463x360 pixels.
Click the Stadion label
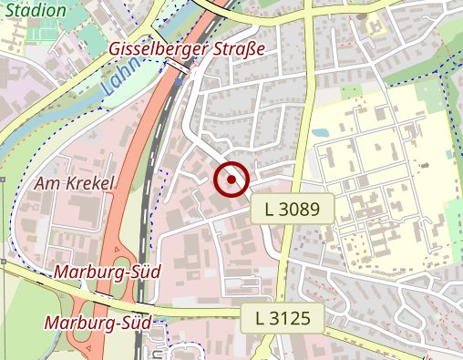pyautogui.click(x=35, y=10)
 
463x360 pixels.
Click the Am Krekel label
pyautogui.click(x=75, y=183)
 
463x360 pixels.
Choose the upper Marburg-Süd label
pyautogui.click(x=108, y=272)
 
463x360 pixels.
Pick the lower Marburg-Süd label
pyautogui.click(x=98, y=322)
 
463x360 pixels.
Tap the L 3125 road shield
pyautogui.click(x=284, y=319)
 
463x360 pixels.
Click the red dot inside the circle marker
pyautogui.click(x=232, y=180)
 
